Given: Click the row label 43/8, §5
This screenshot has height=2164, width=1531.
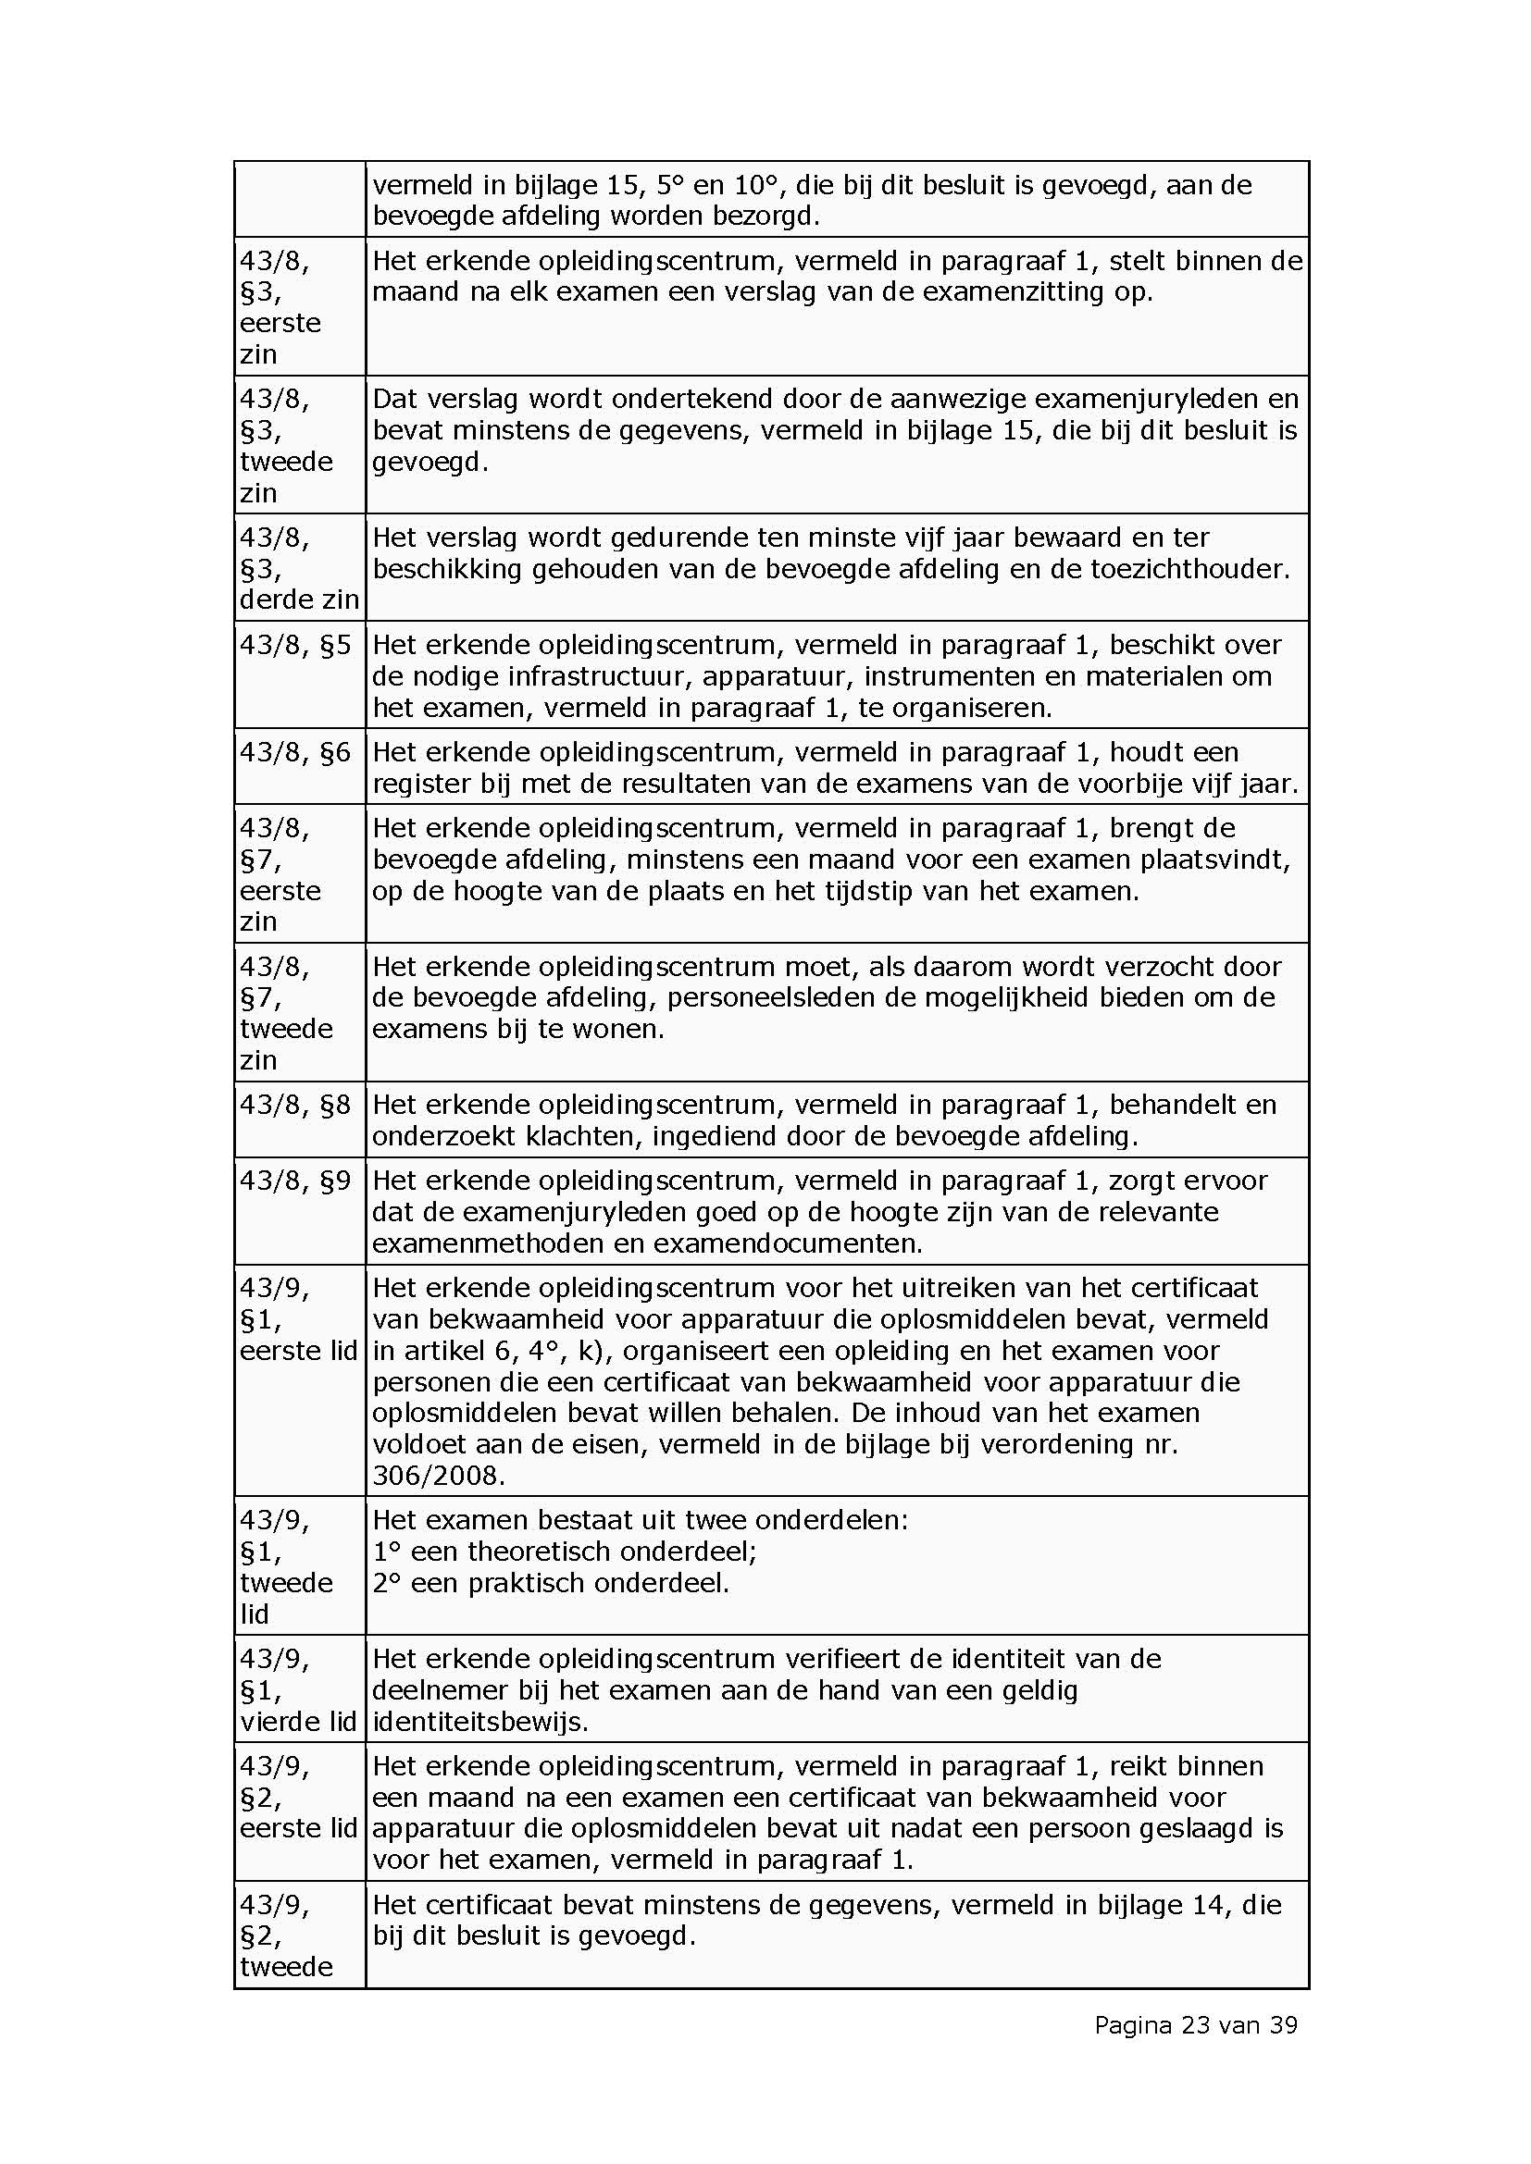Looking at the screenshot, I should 295,645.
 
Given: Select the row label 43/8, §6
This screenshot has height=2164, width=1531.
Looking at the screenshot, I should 295,752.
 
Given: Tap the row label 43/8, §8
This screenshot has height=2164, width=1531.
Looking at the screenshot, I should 295,1104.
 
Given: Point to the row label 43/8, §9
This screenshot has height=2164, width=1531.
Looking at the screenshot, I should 295,1180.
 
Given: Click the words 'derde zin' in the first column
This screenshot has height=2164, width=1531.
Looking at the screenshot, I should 300,600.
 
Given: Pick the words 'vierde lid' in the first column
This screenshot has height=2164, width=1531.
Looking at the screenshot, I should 298,1721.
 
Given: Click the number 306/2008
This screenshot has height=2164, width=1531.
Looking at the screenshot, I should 439,1475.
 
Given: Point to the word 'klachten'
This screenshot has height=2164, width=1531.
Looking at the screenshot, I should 579,1136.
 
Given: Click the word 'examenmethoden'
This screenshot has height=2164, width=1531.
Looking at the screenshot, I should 489,1243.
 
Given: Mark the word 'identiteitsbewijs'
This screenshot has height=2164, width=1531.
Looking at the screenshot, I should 479,1721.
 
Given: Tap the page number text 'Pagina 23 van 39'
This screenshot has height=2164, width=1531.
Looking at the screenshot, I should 1195,2024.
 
